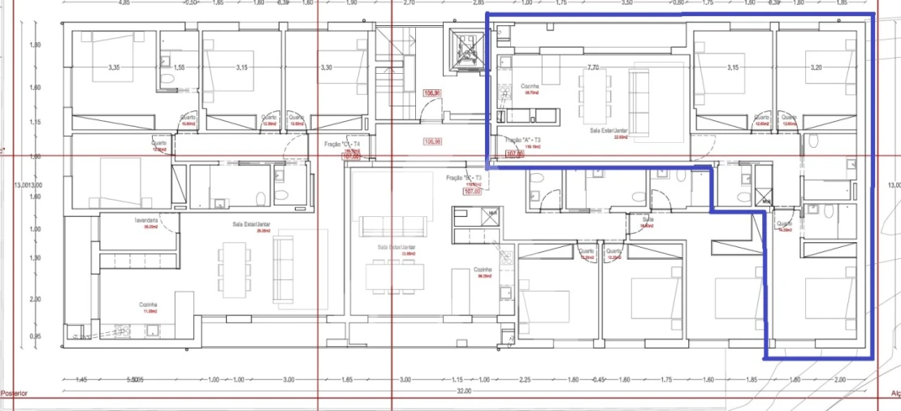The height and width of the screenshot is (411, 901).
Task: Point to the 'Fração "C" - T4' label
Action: coord(341,143)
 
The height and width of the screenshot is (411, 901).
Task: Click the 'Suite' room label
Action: coord(648,219)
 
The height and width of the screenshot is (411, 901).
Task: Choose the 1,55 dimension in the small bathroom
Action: coord(180,67)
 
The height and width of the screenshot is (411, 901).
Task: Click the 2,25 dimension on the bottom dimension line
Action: coord(525,379)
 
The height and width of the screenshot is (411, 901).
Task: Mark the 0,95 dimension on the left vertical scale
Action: coord(35,335)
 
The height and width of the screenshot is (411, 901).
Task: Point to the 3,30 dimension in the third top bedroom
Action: coord(327,67)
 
